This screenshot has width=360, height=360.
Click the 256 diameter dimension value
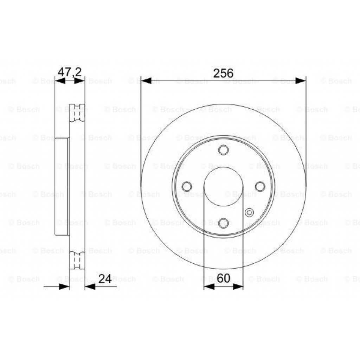(223, 73)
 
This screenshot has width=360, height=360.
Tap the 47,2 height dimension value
(70, 72)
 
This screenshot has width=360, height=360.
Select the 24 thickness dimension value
(105, 279)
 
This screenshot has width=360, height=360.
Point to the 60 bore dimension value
(223, 278)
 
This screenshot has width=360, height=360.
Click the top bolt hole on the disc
(223, 150)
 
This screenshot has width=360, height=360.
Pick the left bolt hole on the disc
(187, 186)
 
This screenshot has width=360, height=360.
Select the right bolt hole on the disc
(260, 186)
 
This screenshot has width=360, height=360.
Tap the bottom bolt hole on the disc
(223, 222)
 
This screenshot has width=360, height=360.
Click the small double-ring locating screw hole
(249, 212)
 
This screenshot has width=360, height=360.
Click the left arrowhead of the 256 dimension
(146, 81)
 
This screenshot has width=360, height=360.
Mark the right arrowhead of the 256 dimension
(301, 81)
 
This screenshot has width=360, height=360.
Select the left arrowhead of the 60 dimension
(209, 287)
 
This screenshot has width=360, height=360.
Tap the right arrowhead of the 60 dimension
(238, 287)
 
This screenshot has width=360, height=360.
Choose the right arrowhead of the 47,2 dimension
(80, 81)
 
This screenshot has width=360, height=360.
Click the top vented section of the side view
(77, 113)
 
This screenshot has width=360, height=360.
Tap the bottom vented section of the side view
(77, 261)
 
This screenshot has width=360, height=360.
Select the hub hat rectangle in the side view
(62, 186)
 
